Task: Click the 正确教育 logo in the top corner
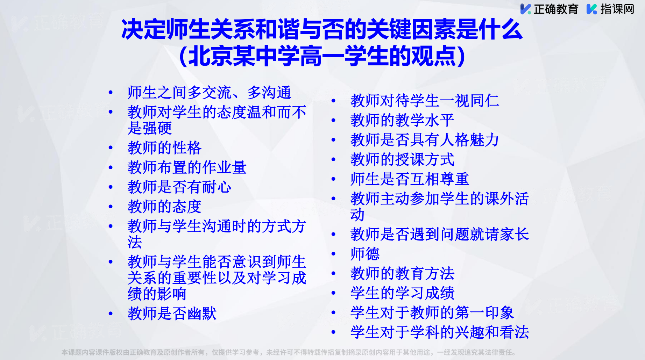(x=549, y=9)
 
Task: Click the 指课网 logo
(x=610, y=9)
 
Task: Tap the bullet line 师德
(x=365, y=254)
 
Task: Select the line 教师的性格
(x=164, y=148)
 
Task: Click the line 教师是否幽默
(x=172, y=314)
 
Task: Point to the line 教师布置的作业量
(x=187, y=167)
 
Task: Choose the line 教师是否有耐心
(x=179, y=187)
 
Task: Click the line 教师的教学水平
(x=402, y=120)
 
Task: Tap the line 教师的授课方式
(x=402, y=159)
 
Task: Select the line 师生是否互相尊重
(x=410, y=179)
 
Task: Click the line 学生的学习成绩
(x=402, y=293)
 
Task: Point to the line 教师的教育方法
(x=402, y=273)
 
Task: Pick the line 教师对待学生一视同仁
(x=425, y=101)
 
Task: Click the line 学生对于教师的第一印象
(x=432, y=312)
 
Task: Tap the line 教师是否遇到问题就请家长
(x=440, y=234)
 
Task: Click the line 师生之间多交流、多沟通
(x=209, y=93)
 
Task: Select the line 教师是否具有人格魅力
(x=425, y=140)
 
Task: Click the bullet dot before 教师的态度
(x=111, y=207)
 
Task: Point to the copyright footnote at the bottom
(x=289, y=352)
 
